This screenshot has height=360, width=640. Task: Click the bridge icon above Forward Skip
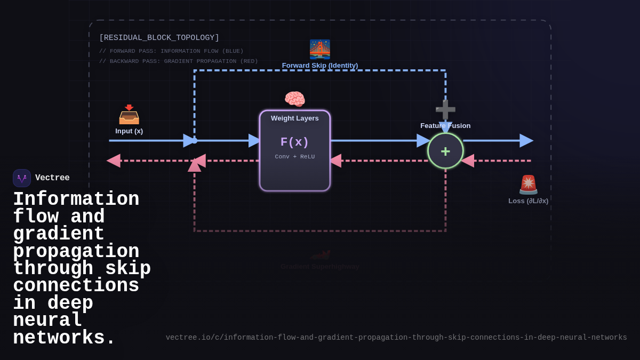tap(320, 49)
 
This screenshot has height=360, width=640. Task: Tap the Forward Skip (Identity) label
tap(320, 66)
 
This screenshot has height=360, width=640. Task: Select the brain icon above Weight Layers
tap(294, 99)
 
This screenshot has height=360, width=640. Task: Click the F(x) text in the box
tap(294, 142)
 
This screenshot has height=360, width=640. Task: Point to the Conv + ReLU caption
tap(294, 157)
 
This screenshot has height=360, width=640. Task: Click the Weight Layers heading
tap(294, 118)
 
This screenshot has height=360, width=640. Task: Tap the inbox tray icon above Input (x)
tap(129, 114)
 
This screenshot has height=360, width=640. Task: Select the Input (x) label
tap(129, 131)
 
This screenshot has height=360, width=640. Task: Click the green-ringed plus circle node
tap(445, 151)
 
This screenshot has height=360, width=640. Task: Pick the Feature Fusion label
tap(445, 126)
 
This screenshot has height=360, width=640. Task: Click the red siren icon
tap(529, 185)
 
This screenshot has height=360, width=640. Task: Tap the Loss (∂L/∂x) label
tap(528, 201)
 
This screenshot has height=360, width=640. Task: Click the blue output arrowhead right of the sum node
tap(526, 141)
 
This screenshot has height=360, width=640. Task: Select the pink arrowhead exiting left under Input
tap(114, 161)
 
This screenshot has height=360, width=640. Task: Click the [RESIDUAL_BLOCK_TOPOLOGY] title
tap(159, 38)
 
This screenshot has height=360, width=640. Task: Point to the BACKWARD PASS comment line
tap(178, 61)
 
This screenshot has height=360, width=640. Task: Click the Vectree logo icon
tap(22, 178)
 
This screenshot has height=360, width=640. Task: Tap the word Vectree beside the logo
tap(52, 178)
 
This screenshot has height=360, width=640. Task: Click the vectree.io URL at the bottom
tap(396, 338)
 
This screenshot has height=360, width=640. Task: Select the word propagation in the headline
tap(76, 252)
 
